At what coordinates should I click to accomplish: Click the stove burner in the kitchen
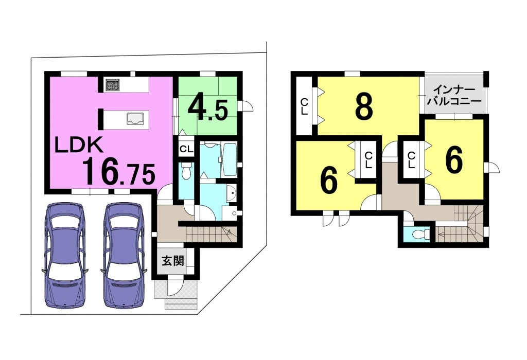113,85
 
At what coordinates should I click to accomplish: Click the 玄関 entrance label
173,261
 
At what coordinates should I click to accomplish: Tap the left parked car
64,255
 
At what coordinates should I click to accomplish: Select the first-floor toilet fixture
185,171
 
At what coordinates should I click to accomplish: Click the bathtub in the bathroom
230,160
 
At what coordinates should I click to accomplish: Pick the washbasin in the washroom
232,193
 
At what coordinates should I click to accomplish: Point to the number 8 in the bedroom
364,106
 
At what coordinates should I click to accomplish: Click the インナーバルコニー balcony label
454,95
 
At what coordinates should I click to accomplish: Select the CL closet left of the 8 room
304,106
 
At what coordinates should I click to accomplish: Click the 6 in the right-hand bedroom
454,161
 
